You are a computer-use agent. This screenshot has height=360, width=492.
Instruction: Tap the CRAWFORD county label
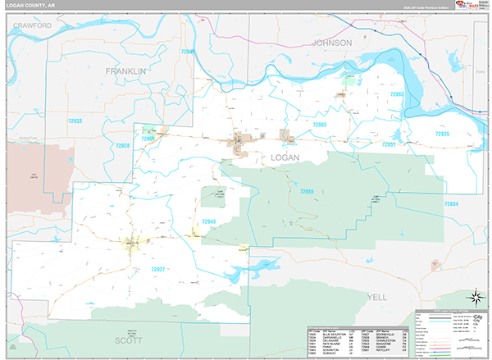pos(33,26)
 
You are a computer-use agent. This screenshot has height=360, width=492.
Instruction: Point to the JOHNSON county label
pos(331,42)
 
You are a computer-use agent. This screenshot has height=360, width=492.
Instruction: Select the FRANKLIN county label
pos(125,71)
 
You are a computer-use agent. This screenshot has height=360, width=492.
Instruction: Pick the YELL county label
pos(377,296)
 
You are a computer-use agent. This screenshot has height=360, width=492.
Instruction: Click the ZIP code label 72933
pos(75,121)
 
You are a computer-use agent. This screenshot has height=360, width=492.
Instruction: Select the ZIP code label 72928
pos(122,145)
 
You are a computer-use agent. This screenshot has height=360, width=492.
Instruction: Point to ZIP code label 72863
pos(396,95)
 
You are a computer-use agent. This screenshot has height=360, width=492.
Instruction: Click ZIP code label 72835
pos(442,133)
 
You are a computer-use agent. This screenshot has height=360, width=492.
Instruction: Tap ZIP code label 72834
pos(452,203)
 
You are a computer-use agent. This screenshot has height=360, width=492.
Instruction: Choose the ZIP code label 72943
pos(207,222)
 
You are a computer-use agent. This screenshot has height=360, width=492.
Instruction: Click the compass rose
pos(474,297)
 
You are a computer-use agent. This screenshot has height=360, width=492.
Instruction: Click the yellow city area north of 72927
pos(131,243)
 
